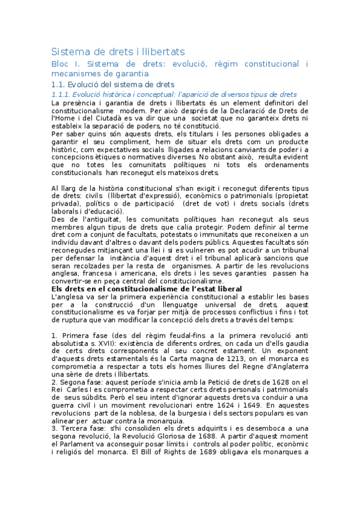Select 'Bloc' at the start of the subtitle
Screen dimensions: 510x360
[x=61, y=64]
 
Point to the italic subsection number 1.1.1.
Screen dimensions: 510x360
[x=62, y=94]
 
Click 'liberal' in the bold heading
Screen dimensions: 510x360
[x=224, y=289]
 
